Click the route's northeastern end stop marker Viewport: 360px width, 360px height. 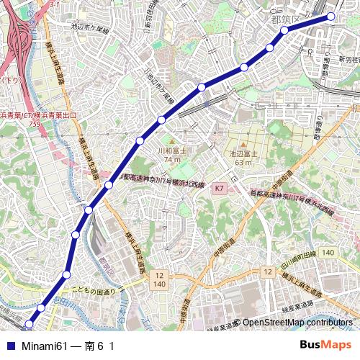331,16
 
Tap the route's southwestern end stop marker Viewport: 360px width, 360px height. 30,324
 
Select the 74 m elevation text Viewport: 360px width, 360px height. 171,159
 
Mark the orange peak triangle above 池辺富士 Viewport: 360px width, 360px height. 243,145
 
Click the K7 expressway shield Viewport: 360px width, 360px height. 220,188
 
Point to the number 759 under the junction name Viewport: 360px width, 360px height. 35,124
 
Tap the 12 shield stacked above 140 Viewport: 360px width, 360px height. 159,276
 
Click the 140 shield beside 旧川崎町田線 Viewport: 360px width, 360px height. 328,253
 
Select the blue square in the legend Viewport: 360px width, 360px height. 10,346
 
